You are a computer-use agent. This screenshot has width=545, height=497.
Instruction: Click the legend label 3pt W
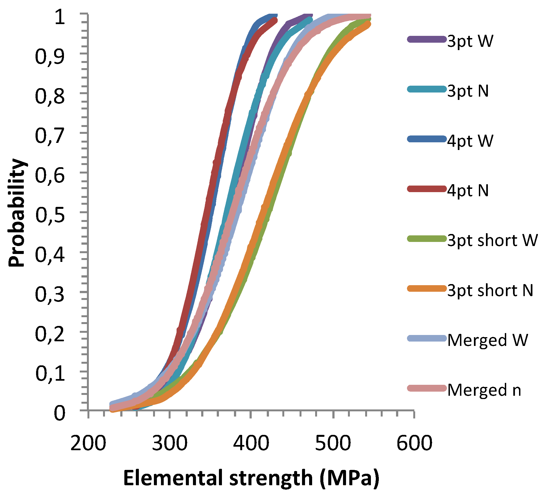(470, 42)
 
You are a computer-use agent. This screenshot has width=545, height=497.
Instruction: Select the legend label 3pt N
(468, 91)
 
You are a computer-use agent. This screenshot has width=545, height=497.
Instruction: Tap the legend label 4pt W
(470, 141)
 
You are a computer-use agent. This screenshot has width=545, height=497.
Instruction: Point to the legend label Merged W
(487, 340)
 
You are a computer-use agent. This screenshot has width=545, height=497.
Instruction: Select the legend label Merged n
(484, 390)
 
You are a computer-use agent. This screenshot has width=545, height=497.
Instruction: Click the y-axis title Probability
(17, 213)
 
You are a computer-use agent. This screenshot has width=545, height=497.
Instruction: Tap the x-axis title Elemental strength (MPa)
(251, 478)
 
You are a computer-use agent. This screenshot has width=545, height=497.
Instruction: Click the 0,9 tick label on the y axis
(50, 57)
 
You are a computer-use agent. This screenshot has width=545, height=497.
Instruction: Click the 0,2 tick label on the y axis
(50, 334)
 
